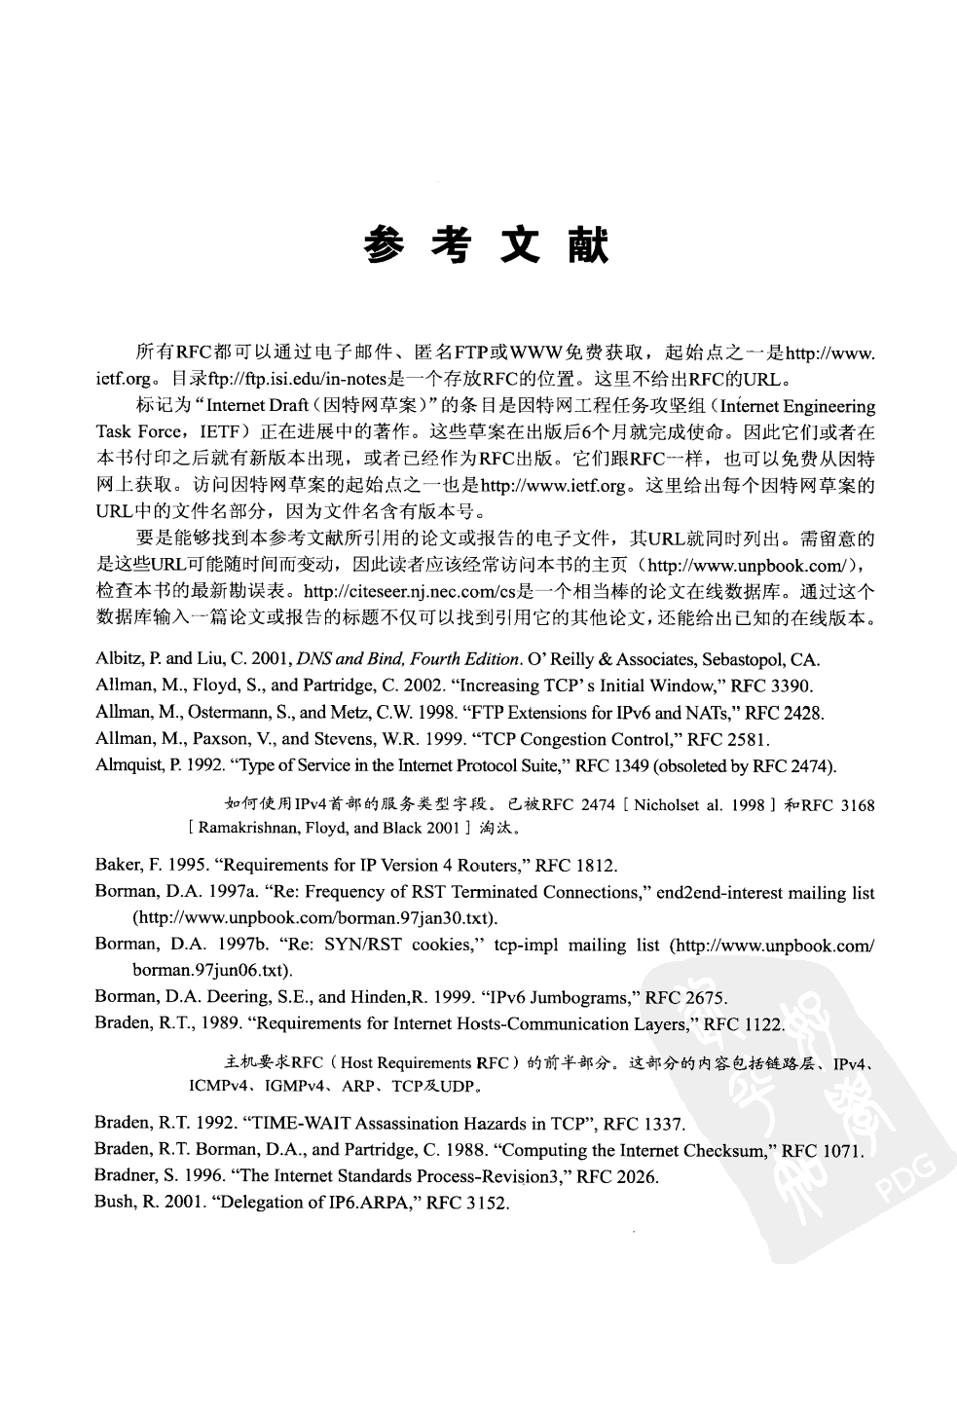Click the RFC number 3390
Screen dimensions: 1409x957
(792, 686)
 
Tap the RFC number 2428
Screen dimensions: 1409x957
(804, 713)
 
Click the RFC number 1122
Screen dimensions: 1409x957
(762, 1023)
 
